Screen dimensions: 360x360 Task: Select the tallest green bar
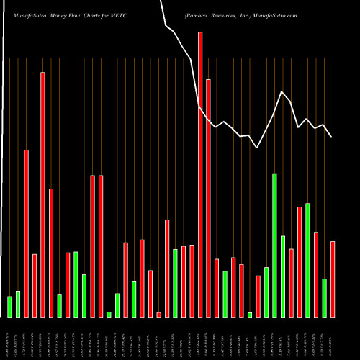[x=274, y=245]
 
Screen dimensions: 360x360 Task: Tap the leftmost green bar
[x=9, y=307]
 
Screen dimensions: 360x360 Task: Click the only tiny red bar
[x=158, y=315]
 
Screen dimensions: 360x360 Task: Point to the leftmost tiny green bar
[x=109, y=314]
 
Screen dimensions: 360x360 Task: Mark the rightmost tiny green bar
[x=250, y=315]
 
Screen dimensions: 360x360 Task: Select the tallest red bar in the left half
[x=42, y=194]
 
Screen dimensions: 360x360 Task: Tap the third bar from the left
[x=26, y=233]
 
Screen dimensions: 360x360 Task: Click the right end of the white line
[x=331, y=136]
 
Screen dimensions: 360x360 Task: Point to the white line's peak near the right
[x=282, y=92]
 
